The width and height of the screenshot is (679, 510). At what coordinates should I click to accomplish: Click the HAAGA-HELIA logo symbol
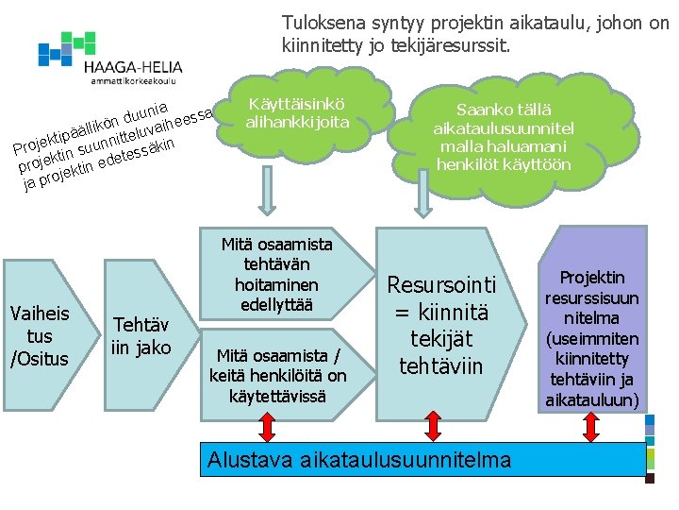point(66,47)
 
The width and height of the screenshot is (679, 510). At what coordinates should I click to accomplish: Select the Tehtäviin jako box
point(141,335)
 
